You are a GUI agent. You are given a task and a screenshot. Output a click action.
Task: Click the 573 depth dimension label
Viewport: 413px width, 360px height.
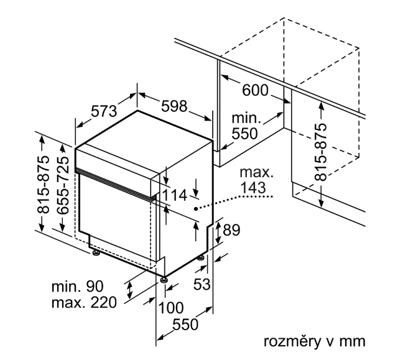[x=104, y=112]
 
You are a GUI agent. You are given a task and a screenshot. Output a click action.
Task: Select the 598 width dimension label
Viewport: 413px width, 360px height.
[x=174, y=106]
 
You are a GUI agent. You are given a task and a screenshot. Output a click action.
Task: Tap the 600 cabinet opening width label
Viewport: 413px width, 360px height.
[x=256, y=91]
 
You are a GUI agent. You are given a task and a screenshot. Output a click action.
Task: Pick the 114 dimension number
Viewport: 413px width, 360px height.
[x=175, y=196]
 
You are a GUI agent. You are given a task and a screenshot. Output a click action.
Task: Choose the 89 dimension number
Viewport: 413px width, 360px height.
[x=231, y=231]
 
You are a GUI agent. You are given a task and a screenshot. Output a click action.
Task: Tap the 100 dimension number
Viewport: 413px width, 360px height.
[x=172, y=307]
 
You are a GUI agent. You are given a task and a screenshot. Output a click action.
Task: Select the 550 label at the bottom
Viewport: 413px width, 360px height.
[x=185, y=325]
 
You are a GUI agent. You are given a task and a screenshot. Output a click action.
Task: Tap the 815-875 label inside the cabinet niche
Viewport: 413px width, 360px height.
[x=321, y=152]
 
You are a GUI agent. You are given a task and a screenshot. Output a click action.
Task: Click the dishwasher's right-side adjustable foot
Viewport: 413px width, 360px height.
[x=202, y=257]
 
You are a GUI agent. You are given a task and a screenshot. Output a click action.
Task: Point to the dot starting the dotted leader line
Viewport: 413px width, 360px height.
[x=197, y=209]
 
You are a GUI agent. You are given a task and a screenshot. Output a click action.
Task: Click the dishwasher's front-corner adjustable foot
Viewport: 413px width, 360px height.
[x=164, y=280]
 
